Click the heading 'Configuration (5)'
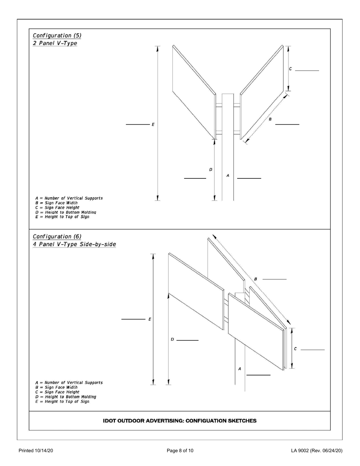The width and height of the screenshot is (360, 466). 57,36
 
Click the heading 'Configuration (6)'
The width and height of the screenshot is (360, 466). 57,236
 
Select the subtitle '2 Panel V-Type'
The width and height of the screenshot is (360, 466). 55,43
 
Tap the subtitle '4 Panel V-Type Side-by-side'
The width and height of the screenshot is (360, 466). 74,244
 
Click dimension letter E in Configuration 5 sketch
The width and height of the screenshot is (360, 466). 153,124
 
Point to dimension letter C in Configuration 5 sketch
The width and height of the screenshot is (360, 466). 290,69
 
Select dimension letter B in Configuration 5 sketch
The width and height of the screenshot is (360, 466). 270,119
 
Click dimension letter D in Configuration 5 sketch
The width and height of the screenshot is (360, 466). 211,169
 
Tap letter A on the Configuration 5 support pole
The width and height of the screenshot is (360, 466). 227,175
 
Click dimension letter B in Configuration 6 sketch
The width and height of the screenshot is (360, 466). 255,279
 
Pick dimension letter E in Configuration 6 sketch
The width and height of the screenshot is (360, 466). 150,319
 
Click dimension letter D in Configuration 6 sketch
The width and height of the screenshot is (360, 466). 172,339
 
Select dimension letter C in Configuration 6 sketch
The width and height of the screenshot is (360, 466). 295,349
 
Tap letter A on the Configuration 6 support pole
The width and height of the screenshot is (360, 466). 239,368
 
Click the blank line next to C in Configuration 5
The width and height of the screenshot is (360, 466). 307,70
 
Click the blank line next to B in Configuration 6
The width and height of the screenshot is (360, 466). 274,279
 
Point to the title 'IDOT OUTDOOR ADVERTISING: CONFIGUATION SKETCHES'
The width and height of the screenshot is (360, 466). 180,421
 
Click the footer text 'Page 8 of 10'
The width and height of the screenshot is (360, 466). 180,450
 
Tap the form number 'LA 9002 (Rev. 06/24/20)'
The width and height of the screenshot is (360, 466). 317,450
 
